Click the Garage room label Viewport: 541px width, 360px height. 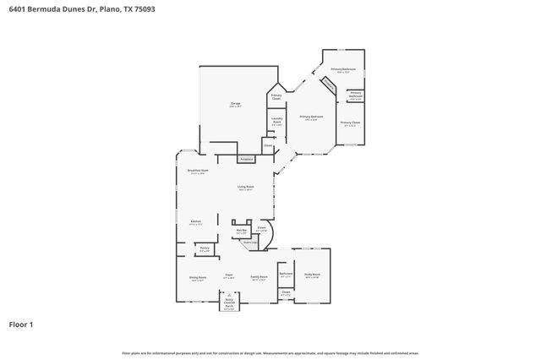tap(235, 105)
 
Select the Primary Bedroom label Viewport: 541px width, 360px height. tap(310, 117)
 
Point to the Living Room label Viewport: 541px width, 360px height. tap(246, 189)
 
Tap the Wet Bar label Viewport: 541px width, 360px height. tap(241, 230)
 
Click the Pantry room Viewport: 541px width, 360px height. tap(205, 250)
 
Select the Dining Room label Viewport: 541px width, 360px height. tap(197, 279)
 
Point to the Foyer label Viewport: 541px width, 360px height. tap(228, 275)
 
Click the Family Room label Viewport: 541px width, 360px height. tap(259, 277)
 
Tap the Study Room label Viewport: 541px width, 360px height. tap(312, 275)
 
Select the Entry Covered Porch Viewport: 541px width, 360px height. tap(229, 304)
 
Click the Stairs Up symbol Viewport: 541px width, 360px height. tap(251, 242)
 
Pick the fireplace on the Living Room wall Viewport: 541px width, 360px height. tap(245, 159)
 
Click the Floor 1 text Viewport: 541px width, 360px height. tap(21, 324)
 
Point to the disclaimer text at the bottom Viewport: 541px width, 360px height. tap(270, 352)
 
